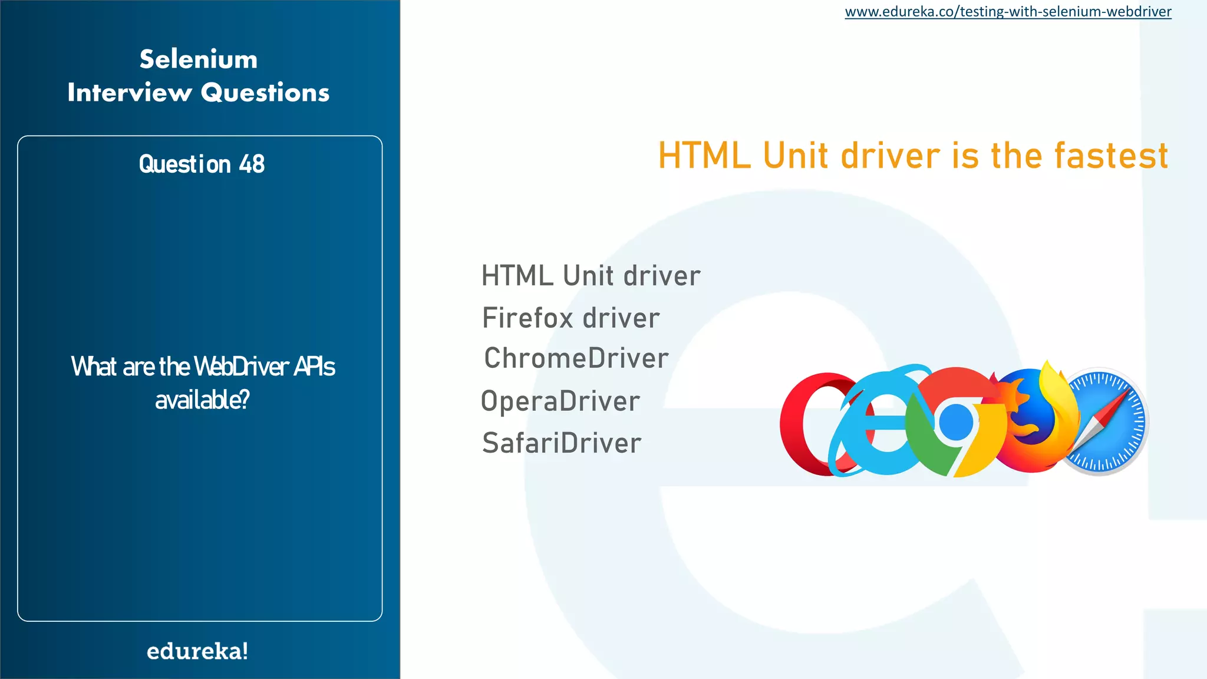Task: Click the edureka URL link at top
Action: click(1008, 12)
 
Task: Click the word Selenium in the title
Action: click(199, 59)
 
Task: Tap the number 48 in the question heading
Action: click(252, 164)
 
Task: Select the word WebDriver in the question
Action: click(241, 367)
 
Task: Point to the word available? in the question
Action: click(202, 400)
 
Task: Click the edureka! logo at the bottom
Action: click(197, 651)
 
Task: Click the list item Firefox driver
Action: click(570, 318)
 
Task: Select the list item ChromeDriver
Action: click(576, 358)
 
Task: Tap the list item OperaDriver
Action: click(560, 401)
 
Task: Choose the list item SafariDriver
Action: click(561, 443)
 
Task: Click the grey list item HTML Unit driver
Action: click(591, 276)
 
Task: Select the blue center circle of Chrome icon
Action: click(956, 422)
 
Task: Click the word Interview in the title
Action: click(130, 93)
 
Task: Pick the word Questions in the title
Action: click(265, 93)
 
